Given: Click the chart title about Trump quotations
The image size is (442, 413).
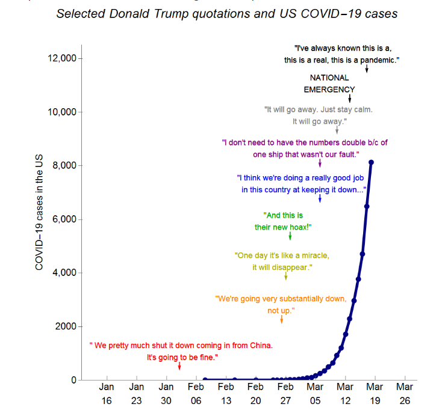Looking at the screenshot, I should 226,13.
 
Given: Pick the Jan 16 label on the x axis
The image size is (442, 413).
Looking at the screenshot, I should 107,393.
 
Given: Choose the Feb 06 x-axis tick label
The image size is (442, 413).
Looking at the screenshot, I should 196,393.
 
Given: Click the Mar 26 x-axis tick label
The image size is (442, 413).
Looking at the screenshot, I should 405,393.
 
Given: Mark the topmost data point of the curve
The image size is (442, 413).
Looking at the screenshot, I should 372,162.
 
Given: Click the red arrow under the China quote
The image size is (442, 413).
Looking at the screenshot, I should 179,366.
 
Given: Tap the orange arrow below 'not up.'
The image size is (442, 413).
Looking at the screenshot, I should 281,319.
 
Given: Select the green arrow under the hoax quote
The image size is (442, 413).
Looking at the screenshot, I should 290,236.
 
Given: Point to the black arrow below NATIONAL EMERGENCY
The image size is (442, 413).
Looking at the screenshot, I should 349,98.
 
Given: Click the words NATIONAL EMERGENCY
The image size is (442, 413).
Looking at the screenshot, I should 329,84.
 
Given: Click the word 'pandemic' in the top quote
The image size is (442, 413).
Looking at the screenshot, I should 378,60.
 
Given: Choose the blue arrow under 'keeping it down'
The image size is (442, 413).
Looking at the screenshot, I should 320,198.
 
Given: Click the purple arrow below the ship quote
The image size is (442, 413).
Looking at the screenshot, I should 320,163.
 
